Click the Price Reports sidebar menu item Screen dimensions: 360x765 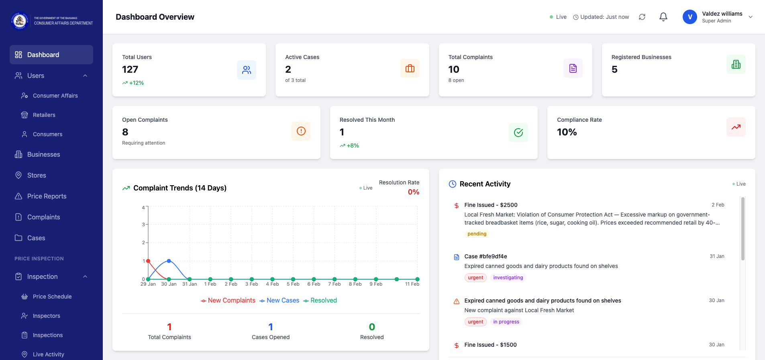pyautogui.click(x=47, y=196)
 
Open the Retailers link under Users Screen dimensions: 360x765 pyautogui.click(x=44, y=115)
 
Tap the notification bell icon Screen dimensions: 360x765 pyautogui.click(x=663, y=17)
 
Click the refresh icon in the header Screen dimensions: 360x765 pyautogui.click(x=642, y=17)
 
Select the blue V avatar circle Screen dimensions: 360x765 pyautogui.click(x=690, y=17)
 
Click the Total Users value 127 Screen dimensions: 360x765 pyautogui.click(x=130, y=70)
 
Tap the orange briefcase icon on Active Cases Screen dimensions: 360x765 pyautogui.click(x=410, y=68)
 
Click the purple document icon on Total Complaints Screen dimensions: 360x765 pyautogui.click(x=573, y=68)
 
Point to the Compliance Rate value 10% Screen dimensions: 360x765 pyautogui.click(x=567, y=132)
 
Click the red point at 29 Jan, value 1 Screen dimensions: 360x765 pyautogui.click(x=148, y=261)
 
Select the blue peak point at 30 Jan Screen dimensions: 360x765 pyautogui.click(x=169, y=261)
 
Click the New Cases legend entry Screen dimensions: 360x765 pyautogui.click(x=279, y=301)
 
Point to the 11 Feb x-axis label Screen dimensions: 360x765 pyautogui.click(x=412, y=284)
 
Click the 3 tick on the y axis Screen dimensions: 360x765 pyautogui.click(x=143, y=225)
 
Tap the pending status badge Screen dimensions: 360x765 pyautogui.click(x=477, y=234)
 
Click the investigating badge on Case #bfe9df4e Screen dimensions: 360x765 pyautogui.click(x=508, y=278)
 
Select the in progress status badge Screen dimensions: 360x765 pyautogui.click(x=506, y=322)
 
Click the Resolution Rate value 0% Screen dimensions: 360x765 pyautogui.click(x=413, y=192)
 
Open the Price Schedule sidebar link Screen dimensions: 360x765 pyautogui.click(x=52, y=297)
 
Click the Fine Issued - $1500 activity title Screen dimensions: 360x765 pyautogui.click(x=490, y=345)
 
